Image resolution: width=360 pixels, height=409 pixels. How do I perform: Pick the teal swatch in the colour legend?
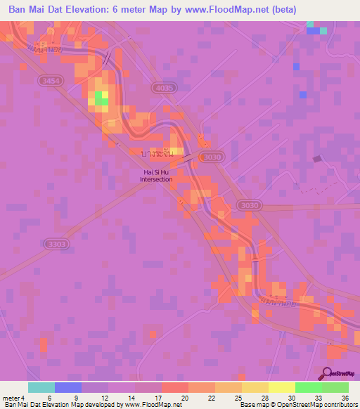tap(41, 387)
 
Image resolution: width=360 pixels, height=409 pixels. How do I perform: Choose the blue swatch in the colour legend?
tap(67, 387)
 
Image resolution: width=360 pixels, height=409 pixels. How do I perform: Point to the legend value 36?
tap(344, 397)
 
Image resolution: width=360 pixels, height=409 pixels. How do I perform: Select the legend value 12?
tap(103, 397)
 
